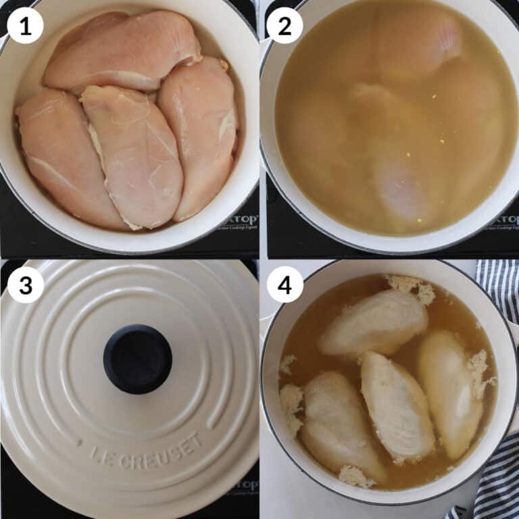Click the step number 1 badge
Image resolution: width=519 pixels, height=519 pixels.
pyautogui.click(x=25, y=26)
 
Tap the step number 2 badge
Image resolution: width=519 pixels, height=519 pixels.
pyautogui.click(x=285, y=26)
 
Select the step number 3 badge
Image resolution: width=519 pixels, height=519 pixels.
pyautogui.click(x=25, y=285)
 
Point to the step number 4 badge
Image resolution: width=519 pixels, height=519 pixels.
pyautogui.click(x=285, y=285)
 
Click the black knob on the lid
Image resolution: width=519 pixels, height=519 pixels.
pyautogui.click(x=137, y=359)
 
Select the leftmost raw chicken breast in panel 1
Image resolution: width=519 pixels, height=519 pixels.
pyautogui.click(x=64, y=159)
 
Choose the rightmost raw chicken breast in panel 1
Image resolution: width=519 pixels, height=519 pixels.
pyautogui.click(x=199, y=135)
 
